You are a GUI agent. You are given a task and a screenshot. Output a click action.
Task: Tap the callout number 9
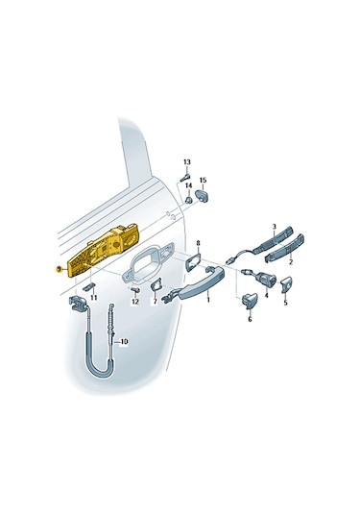click(59, 268)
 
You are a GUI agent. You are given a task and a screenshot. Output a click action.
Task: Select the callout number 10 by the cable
click(124, 342)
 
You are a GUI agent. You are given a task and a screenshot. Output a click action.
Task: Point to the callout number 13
click(186, 162)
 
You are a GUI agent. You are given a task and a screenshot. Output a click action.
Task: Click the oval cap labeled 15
click(203, 196)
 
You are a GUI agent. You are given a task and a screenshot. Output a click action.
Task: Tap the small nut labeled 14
click(189, 200)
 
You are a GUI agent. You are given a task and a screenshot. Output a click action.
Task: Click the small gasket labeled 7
click(156, 284)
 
